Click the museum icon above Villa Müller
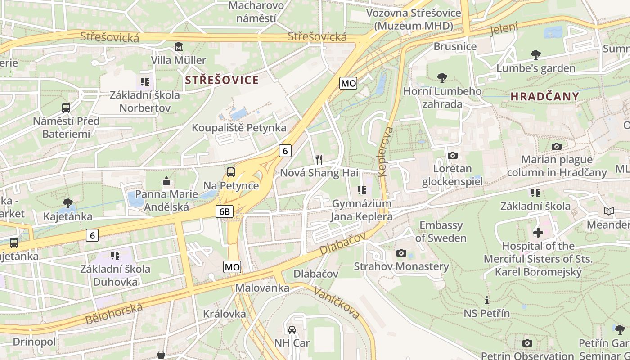click(x=179, y=47)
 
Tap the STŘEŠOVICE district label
click(x=222, y=81)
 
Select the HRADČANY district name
click(x=545, y=96)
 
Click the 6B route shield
click(x=225, y=211)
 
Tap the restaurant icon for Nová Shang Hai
click(x=319, y=159)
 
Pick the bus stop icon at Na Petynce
click(x=231, y=172)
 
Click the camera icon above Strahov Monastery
click(x=401, y=253)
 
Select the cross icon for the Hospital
click(x=538, y=233)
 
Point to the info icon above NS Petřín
click(x=486, y=300)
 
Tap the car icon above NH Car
click(x=292, y=330)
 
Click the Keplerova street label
click(x=386, y=151)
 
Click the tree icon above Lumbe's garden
click(x=535, y=55)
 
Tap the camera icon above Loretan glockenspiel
click(x=453, y=156)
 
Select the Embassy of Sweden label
click(x=441, y=231)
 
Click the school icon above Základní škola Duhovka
click(x=115, y=256)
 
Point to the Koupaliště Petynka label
click(x=239, y=128)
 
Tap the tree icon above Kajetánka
click(x=68, y=203)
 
